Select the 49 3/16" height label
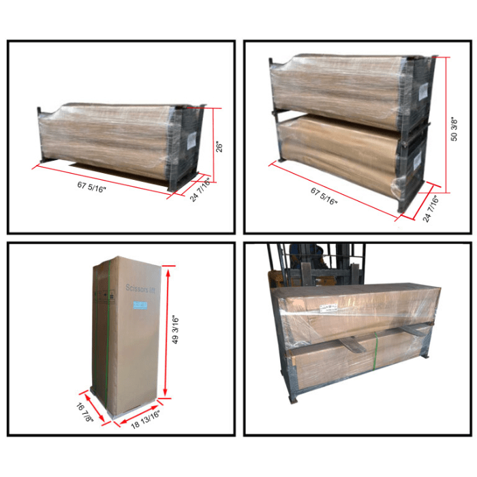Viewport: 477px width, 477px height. point(177,330)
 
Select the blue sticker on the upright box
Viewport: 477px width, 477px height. point(140,305)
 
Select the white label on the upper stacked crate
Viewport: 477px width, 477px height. point(422,89)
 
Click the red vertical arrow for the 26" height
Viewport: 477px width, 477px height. point(214,146)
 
